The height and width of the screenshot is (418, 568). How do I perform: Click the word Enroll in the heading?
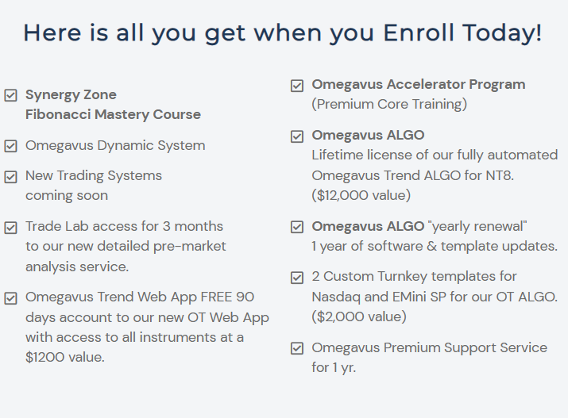point(419,33)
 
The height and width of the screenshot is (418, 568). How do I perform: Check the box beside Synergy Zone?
point(10,95)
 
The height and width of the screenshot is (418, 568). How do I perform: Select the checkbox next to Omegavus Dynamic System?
point(10,146)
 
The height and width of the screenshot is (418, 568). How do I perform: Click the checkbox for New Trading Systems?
point(10,177)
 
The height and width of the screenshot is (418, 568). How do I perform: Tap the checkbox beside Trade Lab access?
point(10,228)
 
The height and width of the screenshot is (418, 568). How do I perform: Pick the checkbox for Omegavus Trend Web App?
point(10,299)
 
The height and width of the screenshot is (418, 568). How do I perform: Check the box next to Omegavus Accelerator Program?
point(297,86)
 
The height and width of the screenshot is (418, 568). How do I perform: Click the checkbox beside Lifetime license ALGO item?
point(297,136)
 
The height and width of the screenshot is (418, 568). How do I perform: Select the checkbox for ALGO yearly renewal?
point(297,227)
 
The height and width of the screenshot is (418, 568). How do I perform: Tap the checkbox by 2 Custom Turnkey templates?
point(297,278)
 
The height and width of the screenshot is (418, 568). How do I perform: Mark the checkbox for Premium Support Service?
point(297,348)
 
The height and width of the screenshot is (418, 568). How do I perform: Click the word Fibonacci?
point(58,114)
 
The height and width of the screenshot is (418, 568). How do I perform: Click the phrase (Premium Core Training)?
point(389,104)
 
